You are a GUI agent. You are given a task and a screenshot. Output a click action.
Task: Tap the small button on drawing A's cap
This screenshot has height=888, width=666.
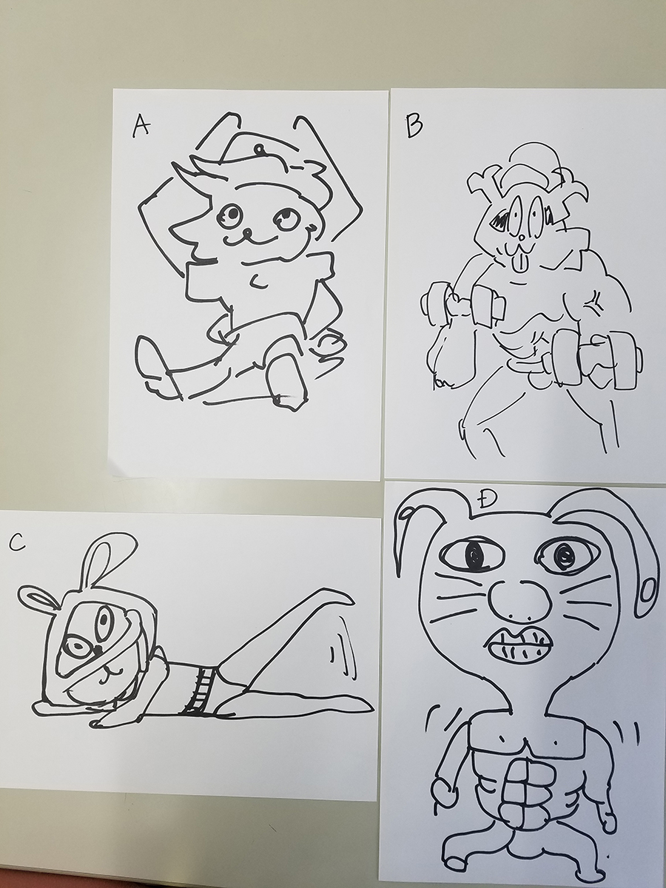click(x=259, y=149)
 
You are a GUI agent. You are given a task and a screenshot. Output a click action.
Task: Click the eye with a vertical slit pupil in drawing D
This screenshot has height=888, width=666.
click(x=473, y=555)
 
